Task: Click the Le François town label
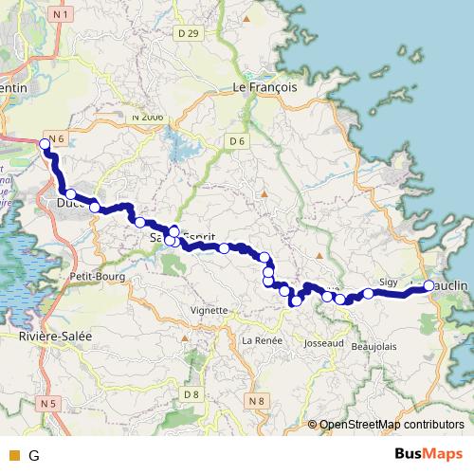click(x=265, y=85)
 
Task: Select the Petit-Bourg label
click(x=92, y=275)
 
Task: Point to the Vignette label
click(x=209, y=310)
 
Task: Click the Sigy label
click(x=389, y=282)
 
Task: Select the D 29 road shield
click(x=189, y=33)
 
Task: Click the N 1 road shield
click(x=62, y=14)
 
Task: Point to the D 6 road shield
click(x=237, y=141)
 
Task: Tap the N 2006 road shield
click(x=149, y=115)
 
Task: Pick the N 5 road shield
click(x=49, y=403)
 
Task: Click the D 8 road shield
click(x=192, y=393)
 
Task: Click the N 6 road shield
click(x=56, y=139)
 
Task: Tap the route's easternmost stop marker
click(x=428, y=285)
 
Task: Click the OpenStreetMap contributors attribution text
click(x=392, y=425)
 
